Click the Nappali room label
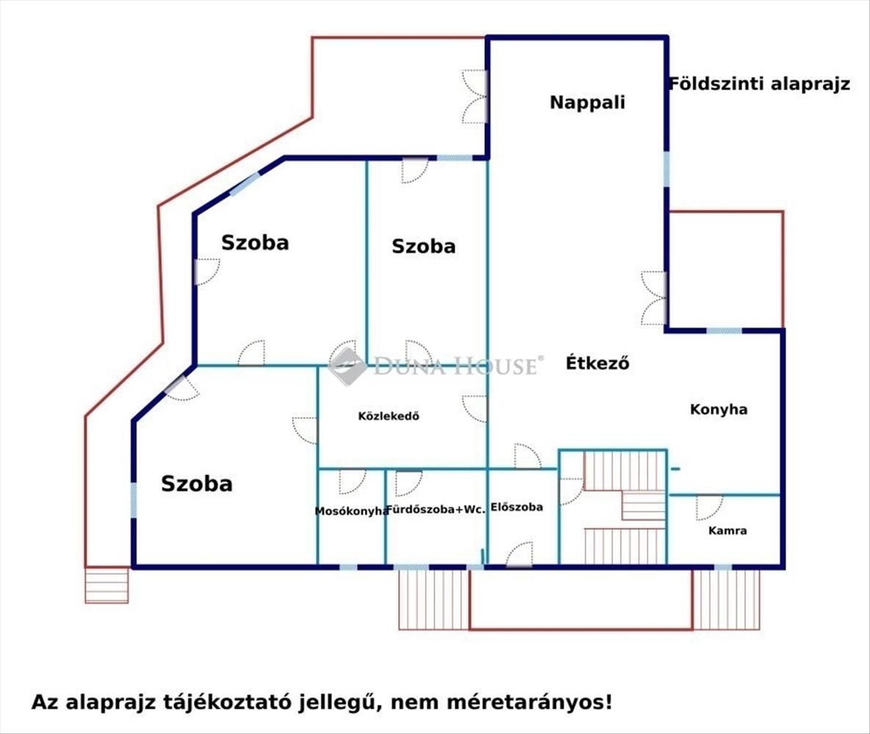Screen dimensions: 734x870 coord(587,102)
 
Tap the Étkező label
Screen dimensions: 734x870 coord(598,363)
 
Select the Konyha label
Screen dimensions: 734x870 coord(718,410)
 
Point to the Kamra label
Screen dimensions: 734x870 coord(728,530)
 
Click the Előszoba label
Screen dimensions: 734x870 coord(516,506)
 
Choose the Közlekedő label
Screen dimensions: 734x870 coord(388,416)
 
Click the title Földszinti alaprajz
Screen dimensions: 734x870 coord(759,84)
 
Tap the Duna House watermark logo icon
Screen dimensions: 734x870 coord(347,365)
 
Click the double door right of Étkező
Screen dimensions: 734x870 coord(653,298)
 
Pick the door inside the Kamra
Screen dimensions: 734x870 coord(708,507)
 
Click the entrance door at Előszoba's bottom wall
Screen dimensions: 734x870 coord(519,555)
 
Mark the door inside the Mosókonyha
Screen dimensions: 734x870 coord(352,481)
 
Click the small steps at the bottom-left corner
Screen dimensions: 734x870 coord(106,585)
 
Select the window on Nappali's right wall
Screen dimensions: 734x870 coord(667,169)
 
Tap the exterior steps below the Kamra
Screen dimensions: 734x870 coord(727,599)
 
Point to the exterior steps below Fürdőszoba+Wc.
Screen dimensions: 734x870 coord(433,599)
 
